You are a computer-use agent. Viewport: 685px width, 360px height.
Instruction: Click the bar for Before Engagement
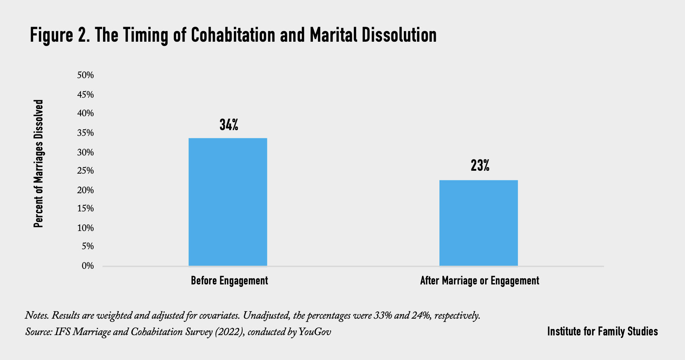pyautogui.click(x=228, y=202)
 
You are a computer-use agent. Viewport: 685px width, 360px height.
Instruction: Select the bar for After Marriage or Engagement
pyautogui.click(x=478, y=223)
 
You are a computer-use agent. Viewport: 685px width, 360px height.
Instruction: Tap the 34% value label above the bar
pyautogui.click(x=229, y=125)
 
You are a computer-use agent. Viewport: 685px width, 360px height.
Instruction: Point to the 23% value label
pyautogui.click(x=480, y=166)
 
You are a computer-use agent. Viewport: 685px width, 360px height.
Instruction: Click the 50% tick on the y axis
pyautogui.click(x=86, y=75)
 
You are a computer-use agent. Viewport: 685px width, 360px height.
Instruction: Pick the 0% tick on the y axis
pyautogui.click(x=88, y=266)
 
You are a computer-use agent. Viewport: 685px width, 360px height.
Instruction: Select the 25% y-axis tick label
pyautogui.click(x=86, y=171)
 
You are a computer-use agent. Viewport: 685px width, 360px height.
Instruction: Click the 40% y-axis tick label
pyautogui.click(x=86, y=113)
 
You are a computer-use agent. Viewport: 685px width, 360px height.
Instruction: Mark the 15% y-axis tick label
pyautogui.click(x=86, y=209)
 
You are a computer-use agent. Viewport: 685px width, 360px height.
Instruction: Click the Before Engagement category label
pyautogui.click(x=229, y=281)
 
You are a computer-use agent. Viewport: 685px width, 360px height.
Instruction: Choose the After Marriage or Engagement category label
pyautogui.click(x=479, y=281)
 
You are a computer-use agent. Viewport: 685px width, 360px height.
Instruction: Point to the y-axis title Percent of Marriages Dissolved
pyautogui.click(x=38, y=164)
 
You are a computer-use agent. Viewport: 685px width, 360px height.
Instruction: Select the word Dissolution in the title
pyautogui.click(x=399, y=35)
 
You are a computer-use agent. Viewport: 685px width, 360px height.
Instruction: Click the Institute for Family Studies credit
pyautogui.click(x=602, y=331)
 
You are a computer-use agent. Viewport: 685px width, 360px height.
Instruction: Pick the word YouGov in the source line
pyautogui.click(x=315, y=332)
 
